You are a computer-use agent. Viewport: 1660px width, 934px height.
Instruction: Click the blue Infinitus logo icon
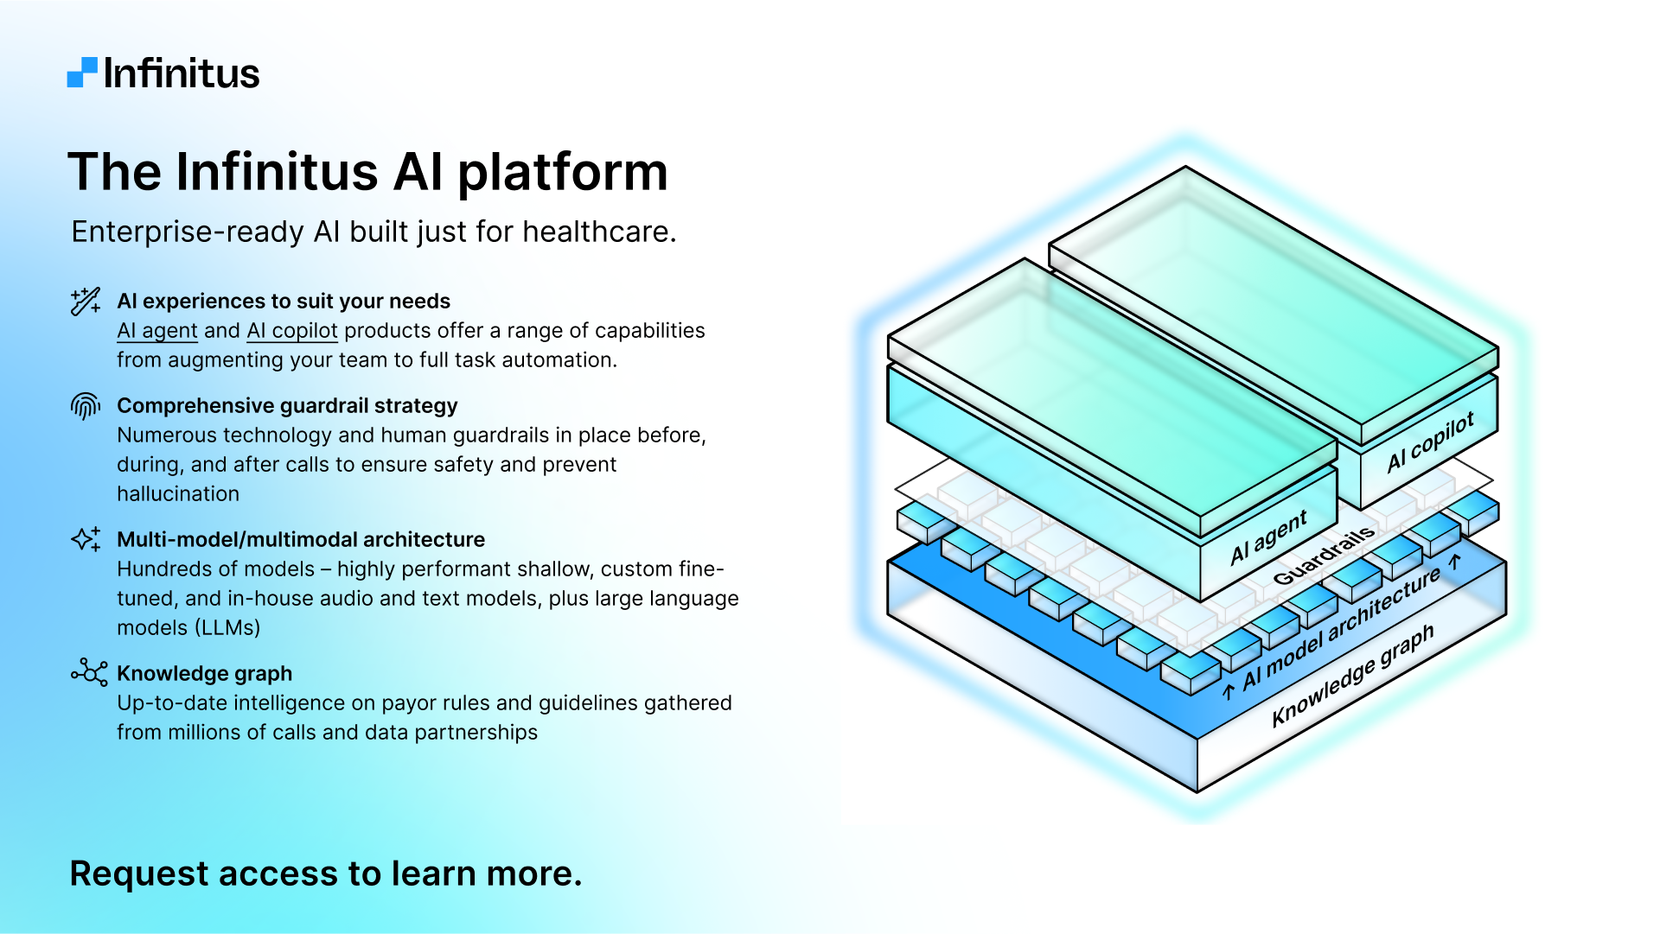82,73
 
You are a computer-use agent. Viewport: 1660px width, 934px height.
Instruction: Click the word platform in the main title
562,172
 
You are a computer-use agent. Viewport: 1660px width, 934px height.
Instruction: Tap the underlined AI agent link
157,331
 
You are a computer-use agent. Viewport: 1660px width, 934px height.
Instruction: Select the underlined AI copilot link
292,331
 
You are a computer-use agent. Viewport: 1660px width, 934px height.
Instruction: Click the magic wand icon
86,302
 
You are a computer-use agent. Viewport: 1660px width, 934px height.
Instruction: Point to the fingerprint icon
86,405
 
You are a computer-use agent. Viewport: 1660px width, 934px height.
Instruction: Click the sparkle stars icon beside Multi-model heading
86,539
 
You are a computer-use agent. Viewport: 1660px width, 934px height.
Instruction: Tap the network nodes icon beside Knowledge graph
89,672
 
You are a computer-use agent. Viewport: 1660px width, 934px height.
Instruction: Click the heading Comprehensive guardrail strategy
287,406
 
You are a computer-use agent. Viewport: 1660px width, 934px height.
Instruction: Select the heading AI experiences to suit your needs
284,302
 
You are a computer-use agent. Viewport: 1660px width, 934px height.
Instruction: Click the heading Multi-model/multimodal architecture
301,540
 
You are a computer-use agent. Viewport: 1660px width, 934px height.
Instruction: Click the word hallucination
178,494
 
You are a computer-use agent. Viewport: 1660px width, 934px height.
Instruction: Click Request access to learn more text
325,874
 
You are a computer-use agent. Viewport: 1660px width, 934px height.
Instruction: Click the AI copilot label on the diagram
1430,442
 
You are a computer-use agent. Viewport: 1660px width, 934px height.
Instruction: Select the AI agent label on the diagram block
1268,537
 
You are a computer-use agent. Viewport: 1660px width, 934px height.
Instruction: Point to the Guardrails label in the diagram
1323,556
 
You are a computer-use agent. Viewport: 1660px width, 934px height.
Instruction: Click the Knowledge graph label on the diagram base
1352,676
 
